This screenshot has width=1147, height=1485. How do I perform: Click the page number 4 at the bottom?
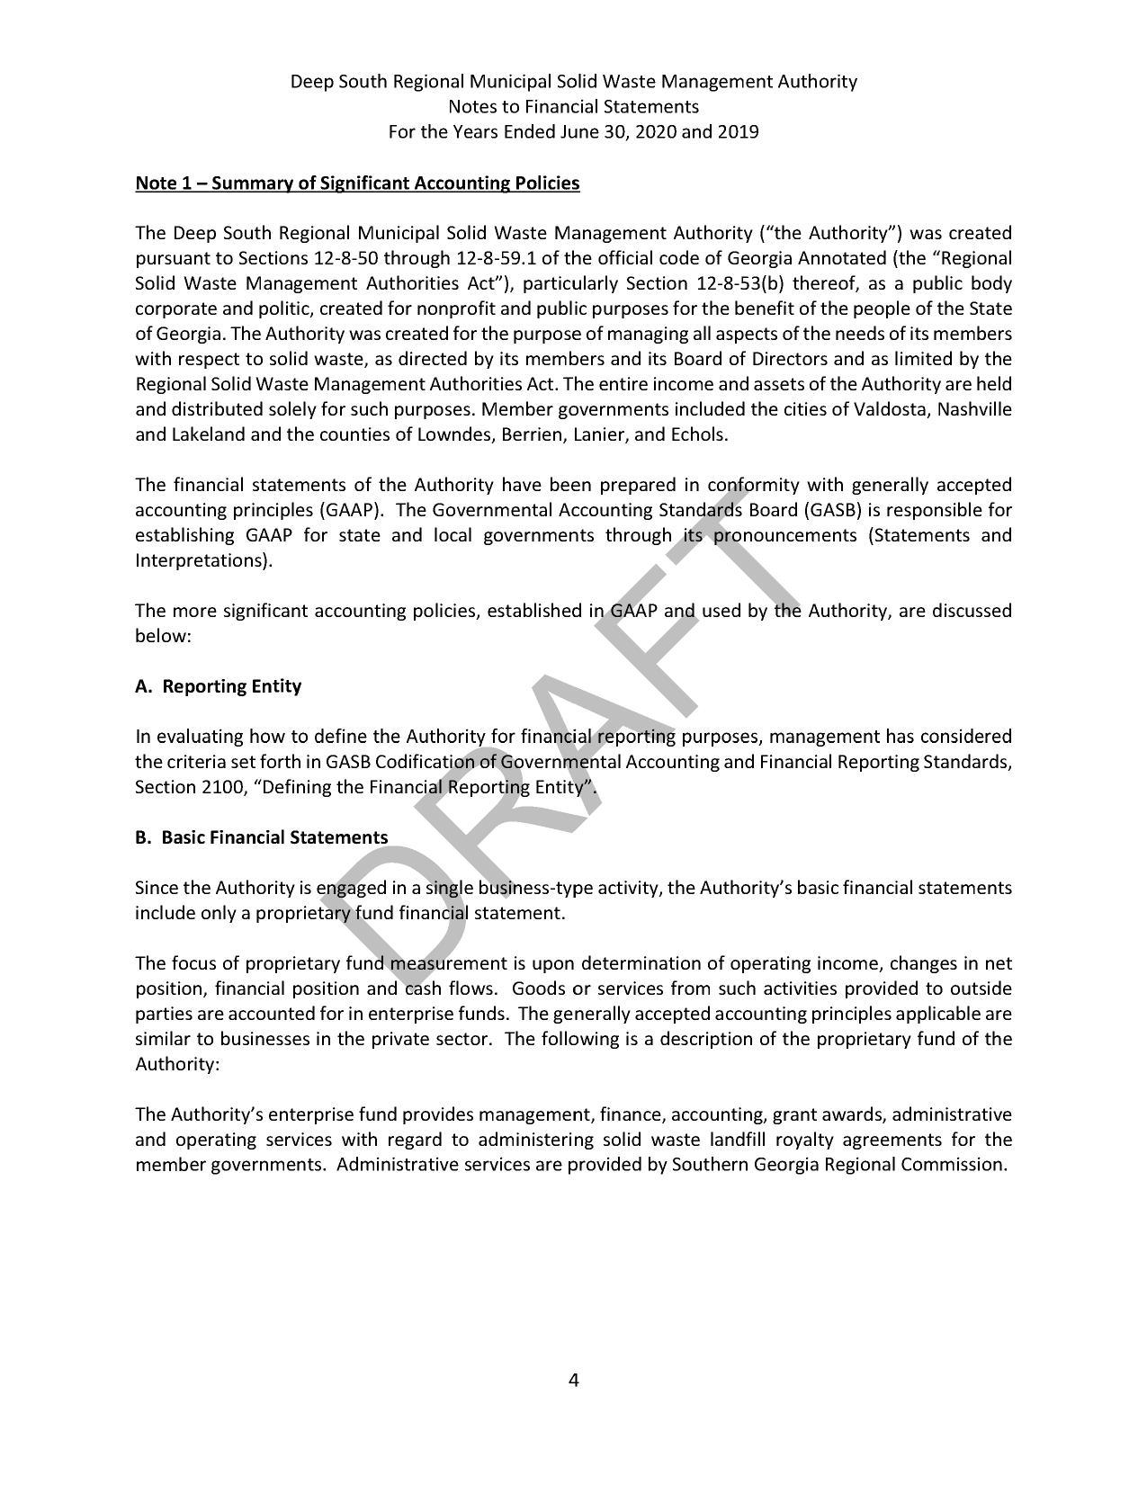coord(573,1380)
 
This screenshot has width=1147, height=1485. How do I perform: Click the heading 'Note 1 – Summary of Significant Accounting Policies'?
coord(357,183)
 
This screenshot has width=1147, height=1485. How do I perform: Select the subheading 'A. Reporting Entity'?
coord(218,686)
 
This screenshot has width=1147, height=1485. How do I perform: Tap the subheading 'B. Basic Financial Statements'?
coord(261,837)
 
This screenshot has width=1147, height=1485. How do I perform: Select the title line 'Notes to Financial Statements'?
coord(573,107)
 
